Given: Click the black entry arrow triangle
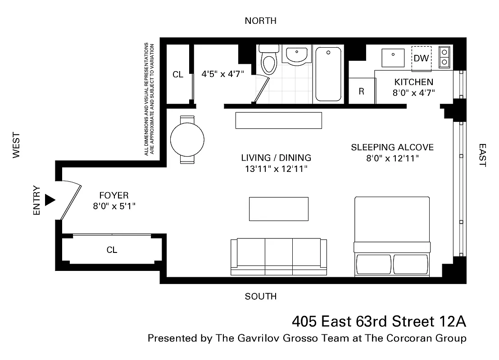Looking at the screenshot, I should [50, 200].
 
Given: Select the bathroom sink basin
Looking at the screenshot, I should [296, 55].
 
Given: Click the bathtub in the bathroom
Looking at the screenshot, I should [328, 74].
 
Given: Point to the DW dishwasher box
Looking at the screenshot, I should [421, 58].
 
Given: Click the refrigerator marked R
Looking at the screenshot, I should [362, 91].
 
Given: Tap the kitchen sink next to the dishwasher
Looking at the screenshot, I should [393, 58].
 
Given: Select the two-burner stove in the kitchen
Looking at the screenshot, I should [445, 57].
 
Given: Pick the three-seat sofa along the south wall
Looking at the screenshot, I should [279, 256].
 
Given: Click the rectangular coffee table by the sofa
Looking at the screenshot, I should [279, 209].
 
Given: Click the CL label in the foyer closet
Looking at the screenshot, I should [112, 250].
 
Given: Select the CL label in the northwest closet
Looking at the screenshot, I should [178, 75].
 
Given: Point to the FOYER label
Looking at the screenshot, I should [113, 195].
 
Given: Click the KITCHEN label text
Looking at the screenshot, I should [413, 82].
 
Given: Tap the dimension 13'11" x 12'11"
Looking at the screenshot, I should [276, 169].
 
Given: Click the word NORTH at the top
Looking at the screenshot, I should [260, 21].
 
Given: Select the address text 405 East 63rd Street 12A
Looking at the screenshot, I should [379, 322].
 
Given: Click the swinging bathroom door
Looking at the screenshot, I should [261, 90].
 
